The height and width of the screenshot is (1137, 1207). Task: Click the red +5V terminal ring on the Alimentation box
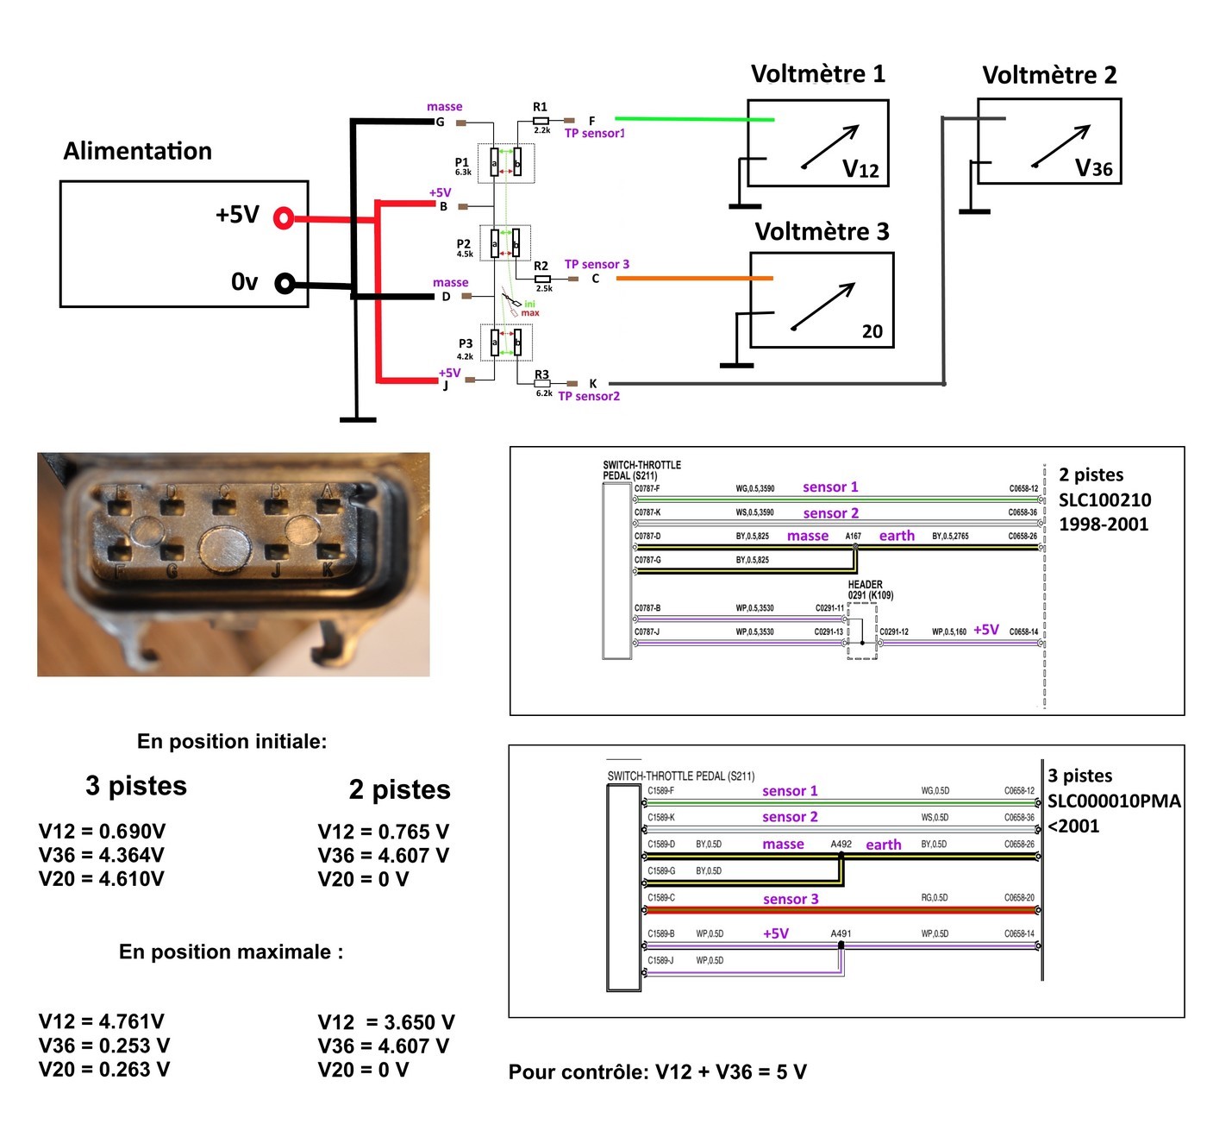click(283, 218)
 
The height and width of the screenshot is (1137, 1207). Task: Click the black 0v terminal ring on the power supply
click(285, 283)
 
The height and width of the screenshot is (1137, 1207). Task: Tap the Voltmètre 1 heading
click(817, 74)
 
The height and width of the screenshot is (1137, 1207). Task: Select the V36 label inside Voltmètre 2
click(1093, 168)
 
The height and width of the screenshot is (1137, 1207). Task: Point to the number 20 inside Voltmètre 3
click(872, 331)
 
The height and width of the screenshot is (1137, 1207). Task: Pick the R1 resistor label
click(540, 107)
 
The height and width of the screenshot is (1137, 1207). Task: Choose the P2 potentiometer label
click(464, 244)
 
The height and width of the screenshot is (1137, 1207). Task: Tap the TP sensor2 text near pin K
click(589, 396)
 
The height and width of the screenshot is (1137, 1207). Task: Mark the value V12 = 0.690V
click(102, 832)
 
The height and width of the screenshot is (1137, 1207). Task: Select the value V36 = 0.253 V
click(103, 1046)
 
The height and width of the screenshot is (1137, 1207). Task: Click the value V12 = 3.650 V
click(385, 1022)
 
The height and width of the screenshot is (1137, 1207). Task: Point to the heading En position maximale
click(230, 952)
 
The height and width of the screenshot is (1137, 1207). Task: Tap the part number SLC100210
click(1104, 499)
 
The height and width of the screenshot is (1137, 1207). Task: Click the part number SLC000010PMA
click(1113, 801)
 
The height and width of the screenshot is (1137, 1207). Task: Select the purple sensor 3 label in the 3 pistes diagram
click(791, 899)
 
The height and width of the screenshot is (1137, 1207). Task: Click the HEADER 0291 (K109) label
click(870, 590)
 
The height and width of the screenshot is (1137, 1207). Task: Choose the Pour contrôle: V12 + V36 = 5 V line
click(657, 1072)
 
